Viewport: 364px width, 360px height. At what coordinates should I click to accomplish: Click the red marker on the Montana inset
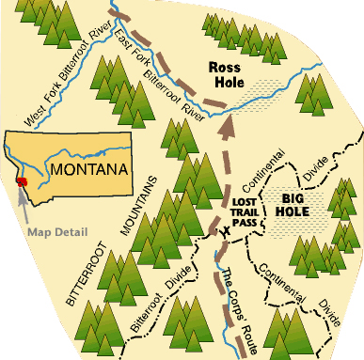click(x=22, y=180)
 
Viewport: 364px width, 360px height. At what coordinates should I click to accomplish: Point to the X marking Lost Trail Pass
click(x=224, y=229)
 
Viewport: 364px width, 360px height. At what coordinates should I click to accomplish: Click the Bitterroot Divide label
click(x=164, y=289)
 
